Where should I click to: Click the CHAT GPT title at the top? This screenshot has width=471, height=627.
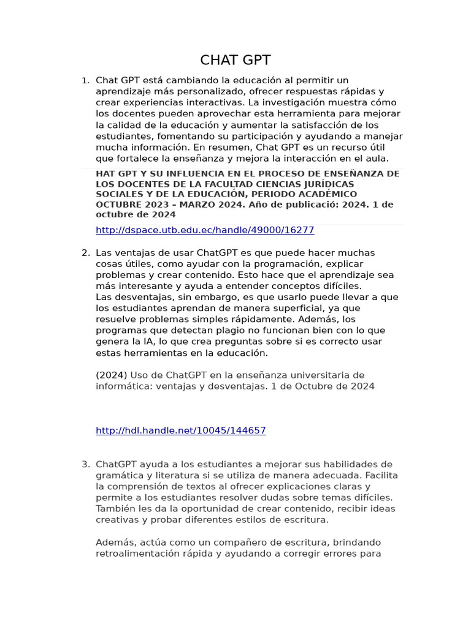click(x=235, y=60)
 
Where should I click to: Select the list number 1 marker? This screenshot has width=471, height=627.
click(x=85, y=81)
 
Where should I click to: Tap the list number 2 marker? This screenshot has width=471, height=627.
click(x=85, y=253)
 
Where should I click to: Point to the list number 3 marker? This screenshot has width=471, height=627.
click(x=85, y=464)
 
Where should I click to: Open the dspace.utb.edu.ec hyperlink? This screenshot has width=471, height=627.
click(x=205, y=230)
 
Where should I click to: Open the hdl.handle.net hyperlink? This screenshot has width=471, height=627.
click(x=181, y=430)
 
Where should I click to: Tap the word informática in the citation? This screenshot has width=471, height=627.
click(x=124, y=386)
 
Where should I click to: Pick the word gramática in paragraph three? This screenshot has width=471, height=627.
click(x=121, y=475)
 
